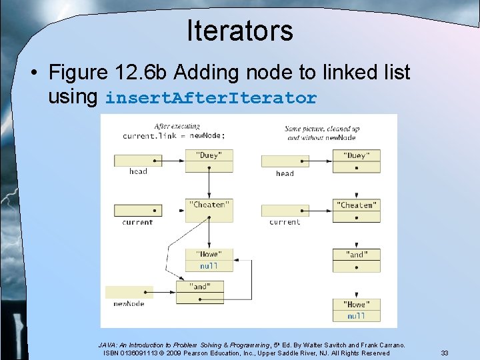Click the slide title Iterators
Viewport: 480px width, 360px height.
pos(239,31)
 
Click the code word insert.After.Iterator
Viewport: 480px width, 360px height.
pos(211,99)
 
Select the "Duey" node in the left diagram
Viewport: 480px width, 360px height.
pos(209,155)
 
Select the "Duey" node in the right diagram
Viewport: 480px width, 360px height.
pos(356,155)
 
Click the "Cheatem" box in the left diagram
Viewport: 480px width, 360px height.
pos(209,205)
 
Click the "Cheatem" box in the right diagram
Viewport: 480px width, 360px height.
pos(356,205)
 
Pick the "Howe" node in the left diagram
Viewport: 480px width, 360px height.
pos(209,254)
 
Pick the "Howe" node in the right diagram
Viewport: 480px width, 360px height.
pos(356,304)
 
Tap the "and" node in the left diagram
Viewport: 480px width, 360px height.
pos(200,286)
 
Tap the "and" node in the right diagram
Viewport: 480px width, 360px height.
pos(356,254)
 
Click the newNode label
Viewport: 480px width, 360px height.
pos(129,304)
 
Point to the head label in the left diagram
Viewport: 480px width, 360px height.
pos(138,171)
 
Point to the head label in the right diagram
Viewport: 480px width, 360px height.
pos(285,173)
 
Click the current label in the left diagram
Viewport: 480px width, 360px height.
pos(138,222)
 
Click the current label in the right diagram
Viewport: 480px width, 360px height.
pos(285,222)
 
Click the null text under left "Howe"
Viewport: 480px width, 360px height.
pos(209,266)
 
